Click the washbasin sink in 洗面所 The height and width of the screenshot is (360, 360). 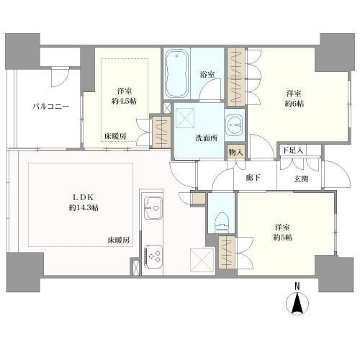(x=234, y=125)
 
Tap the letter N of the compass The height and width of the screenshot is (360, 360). (x=297, y=287)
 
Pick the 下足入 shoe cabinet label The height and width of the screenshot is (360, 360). (x=292, y=150)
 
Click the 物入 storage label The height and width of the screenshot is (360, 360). (x=235, y=151)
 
